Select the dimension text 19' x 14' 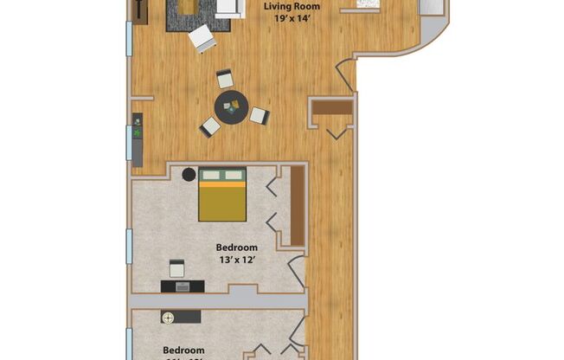292,20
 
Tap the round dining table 230,108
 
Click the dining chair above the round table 226,79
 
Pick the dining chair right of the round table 260,115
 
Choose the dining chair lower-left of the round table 209,126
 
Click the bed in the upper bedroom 222,194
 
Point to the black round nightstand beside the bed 189,175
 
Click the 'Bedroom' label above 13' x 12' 236,247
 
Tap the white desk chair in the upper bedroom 176,267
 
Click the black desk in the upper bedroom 182,286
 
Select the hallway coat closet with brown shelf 331,108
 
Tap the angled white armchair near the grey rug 202,38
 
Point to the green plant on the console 137,133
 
